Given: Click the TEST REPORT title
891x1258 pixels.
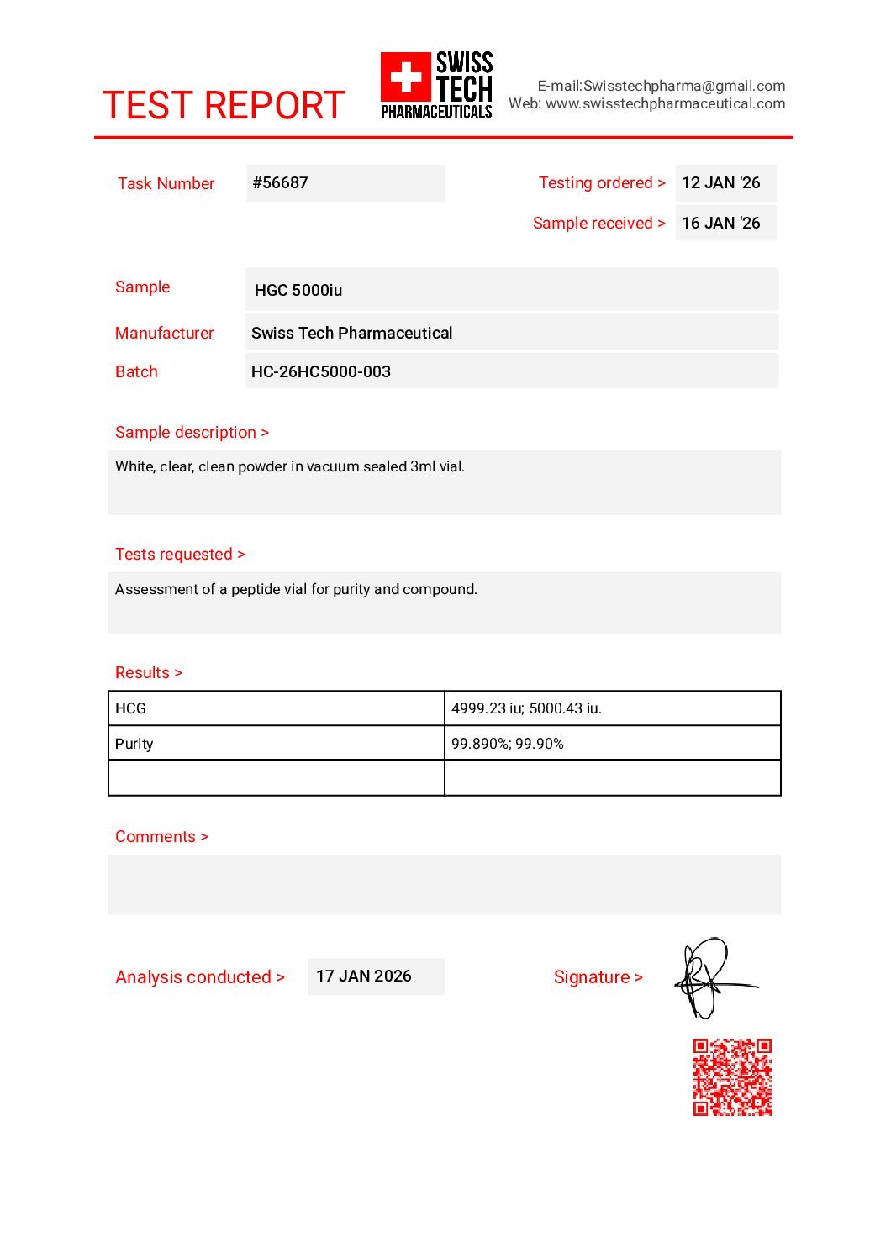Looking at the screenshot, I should [224, 106].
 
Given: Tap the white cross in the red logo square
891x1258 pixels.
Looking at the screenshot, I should [406, 77].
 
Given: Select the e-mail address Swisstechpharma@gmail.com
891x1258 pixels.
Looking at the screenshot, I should [684, 86].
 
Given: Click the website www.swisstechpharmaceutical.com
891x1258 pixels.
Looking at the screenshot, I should [665, 103].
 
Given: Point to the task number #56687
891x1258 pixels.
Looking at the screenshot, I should [281, 183].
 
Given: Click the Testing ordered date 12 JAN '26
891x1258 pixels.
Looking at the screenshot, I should [720, 183].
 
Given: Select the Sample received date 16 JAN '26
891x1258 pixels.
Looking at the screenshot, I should [720, 224].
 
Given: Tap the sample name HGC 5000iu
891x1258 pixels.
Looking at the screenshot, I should [298, 291].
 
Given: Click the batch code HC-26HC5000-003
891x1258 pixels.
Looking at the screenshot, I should [321, 371].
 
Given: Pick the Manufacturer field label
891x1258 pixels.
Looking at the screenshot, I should [164, 334].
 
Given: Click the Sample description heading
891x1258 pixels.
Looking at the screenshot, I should [192, 433].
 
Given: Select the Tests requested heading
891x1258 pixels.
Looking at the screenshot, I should [180, 555].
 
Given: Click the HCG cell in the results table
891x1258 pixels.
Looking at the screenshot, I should [131, 708].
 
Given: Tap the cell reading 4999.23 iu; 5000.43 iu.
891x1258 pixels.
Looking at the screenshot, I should [526, 708].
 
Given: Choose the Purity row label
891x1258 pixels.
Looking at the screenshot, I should [134, 744].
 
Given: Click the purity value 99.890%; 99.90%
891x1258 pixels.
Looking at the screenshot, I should [507, 744].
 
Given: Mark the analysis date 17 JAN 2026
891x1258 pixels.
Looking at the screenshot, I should [364, 976].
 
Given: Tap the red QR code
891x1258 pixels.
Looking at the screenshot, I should [732, 1077].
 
